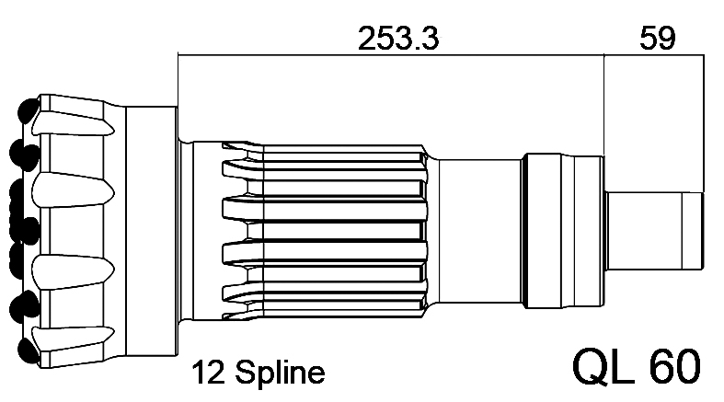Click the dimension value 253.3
tap(398, 38)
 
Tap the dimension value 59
tap(657, 38)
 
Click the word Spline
tap(280, 373)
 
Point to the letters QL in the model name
tap(603, 366)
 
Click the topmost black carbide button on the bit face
tap(29, 110)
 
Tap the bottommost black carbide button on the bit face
tap(29, 350)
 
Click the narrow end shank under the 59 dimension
tap(654, 230)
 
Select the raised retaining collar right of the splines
tap(563, 231)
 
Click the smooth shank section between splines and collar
tap(479, 231)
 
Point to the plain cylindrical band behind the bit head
tap(152, 231)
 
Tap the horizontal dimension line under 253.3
tap(391, 54)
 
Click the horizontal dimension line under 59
tap(654, 54)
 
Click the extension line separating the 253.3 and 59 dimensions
tap(604, 105)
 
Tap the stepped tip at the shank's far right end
tap(693, 230)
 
